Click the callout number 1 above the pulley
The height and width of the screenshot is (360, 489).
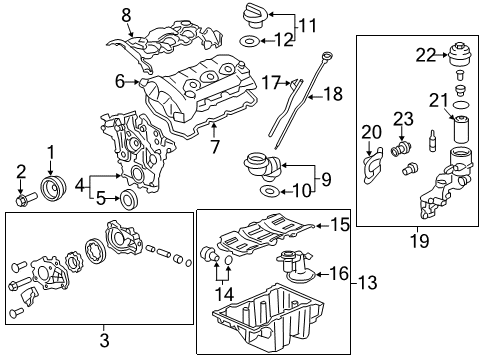coord(48,151)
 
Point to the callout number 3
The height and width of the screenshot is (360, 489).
coord(104,340)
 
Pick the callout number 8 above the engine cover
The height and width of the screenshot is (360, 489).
coord(126,15)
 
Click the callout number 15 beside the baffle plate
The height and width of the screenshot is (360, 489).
coord(340,226)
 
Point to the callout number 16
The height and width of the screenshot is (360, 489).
coord(338,271)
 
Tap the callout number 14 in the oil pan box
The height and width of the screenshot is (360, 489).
coord(223,294)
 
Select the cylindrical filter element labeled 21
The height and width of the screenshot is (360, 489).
coord(461,134)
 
